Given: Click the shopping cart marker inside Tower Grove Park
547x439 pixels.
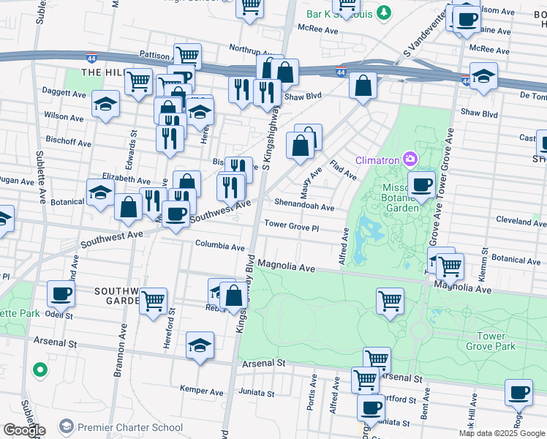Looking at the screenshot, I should click(391, 301).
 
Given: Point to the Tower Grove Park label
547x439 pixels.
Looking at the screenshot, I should click(495, 341).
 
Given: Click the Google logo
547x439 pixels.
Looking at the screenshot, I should click(23, 430).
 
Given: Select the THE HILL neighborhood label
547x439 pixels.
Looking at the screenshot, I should click(101, 72).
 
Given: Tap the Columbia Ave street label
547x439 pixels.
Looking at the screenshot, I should click(219, 247).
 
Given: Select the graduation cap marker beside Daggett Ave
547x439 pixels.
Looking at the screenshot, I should click(105, 105).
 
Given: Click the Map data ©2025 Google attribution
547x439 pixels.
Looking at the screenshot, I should click(501, 433).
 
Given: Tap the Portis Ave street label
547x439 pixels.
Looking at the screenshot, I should click(311, 399).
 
